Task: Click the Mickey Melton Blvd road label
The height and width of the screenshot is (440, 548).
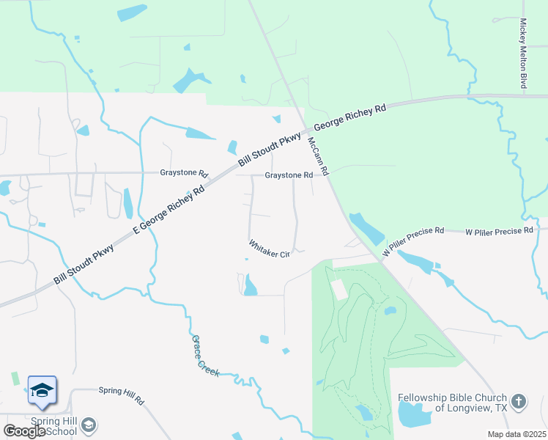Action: click(523, 54)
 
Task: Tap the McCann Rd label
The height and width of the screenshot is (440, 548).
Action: click(319, 155)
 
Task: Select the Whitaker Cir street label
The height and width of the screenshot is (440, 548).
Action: click(270, 249)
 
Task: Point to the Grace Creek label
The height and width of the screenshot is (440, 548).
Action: click(205, 356)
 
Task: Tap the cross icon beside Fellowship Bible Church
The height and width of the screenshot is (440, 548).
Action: click(519, 401)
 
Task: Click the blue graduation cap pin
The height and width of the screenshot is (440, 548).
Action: click(42, 389)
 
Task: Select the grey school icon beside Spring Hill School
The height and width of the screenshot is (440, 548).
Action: click(89, 425)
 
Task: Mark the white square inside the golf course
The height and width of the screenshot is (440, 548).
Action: click(339, 289)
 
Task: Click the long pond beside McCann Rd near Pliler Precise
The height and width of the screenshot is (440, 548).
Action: click(366, 228)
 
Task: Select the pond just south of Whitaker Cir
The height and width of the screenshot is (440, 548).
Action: click(251, 285)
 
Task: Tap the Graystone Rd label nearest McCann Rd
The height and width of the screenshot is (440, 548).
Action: click(289, 175)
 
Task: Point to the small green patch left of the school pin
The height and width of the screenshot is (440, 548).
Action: click(15, 378)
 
